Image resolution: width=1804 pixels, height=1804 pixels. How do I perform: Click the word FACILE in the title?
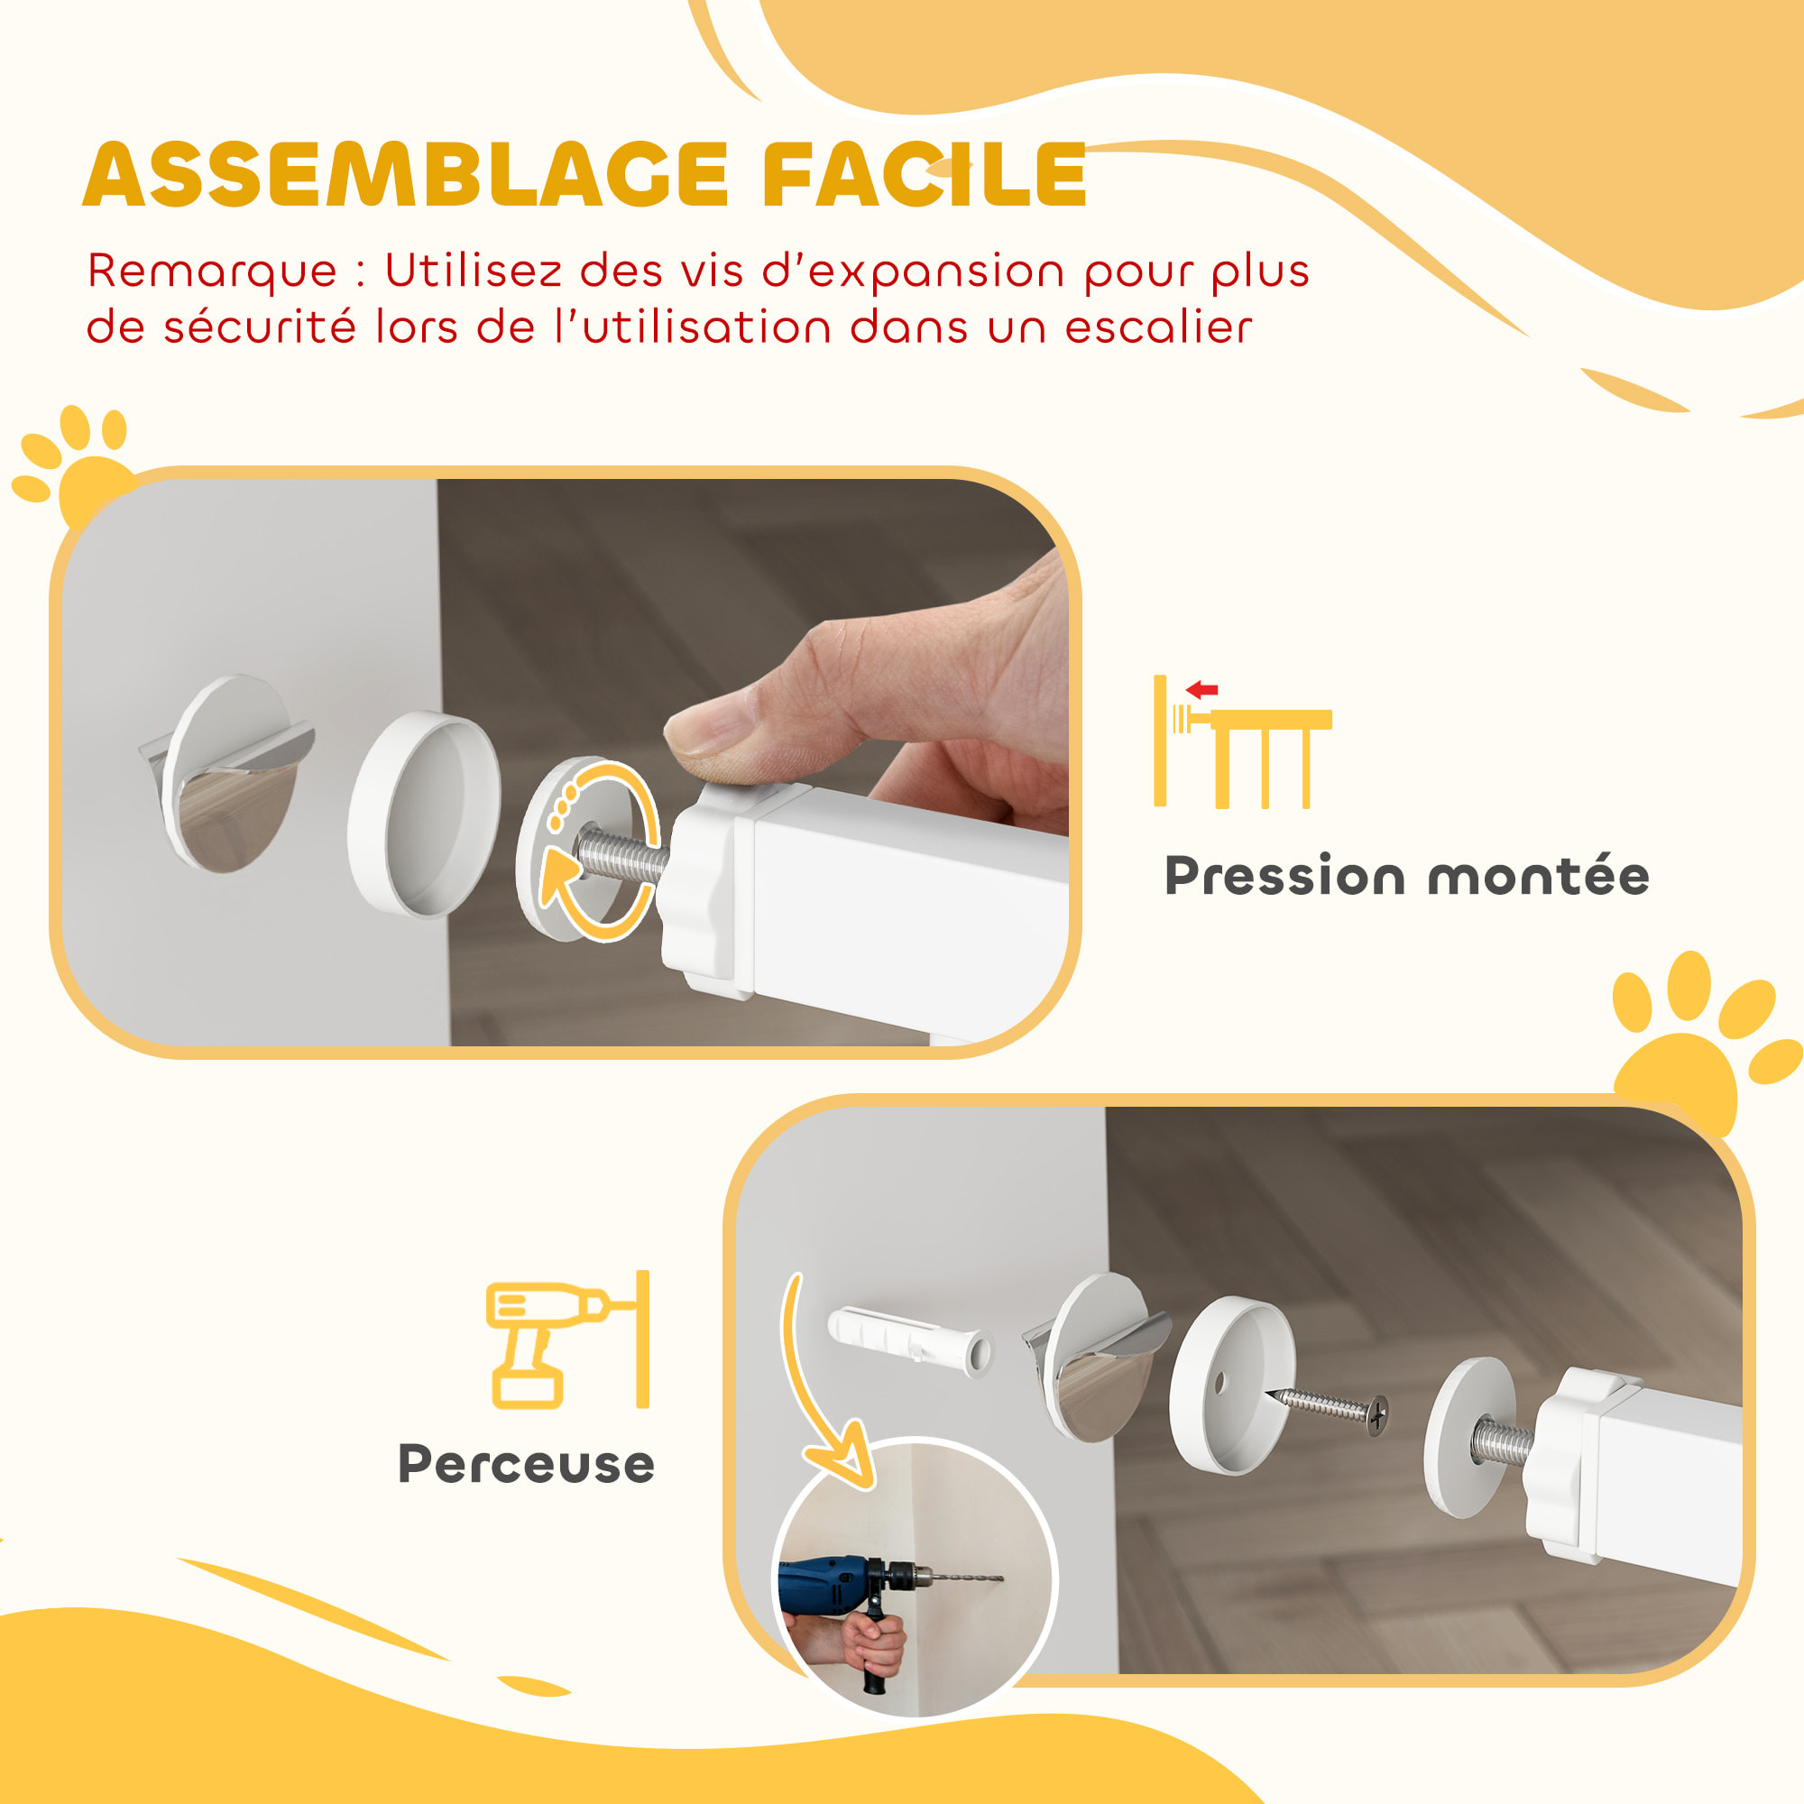(x=925, y=176)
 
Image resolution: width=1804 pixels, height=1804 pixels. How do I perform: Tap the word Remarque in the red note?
(x=212, y=271)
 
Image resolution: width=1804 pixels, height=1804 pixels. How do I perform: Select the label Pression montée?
(x=1406, y=877)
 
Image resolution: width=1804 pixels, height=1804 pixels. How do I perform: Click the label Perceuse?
(x=526, y=1464)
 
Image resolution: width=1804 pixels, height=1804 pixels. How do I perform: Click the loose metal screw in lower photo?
(x=1330, y=1404)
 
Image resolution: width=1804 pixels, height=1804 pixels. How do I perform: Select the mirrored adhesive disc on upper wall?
(x=229, y=775)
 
